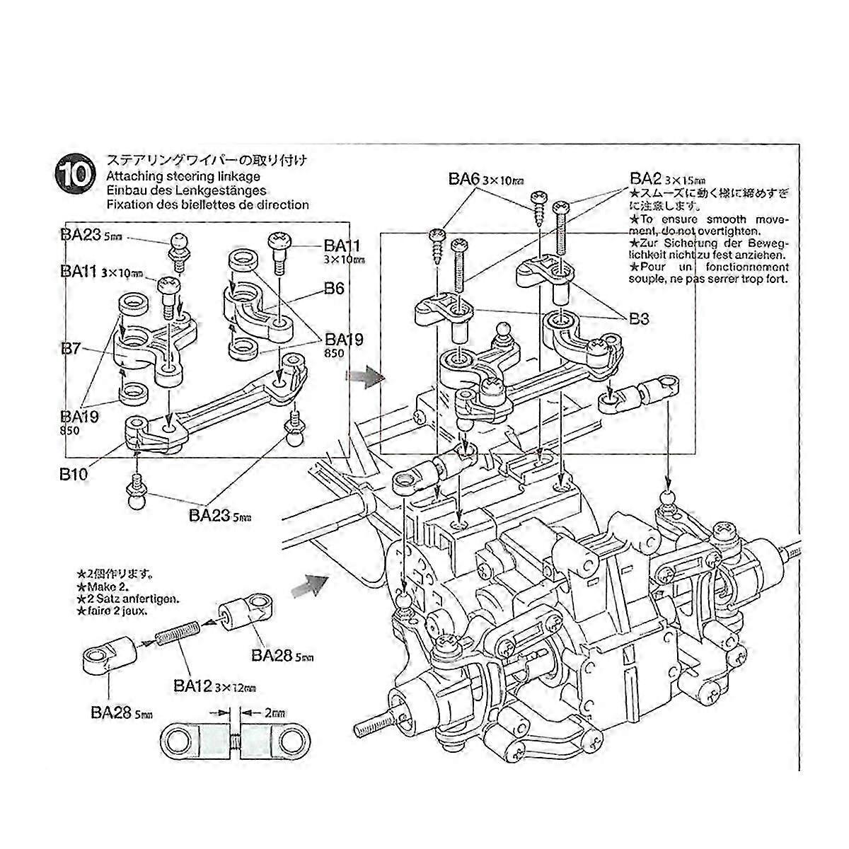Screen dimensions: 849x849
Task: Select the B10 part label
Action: [x=74, y=473]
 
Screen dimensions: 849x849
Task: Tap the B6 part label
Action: [x=335, y=289]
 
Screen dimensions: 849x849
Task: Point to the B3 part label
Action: [x=639, y=319]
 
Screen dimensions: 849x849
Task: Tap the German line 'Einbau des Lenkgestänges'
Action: [x=185, y=190]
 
